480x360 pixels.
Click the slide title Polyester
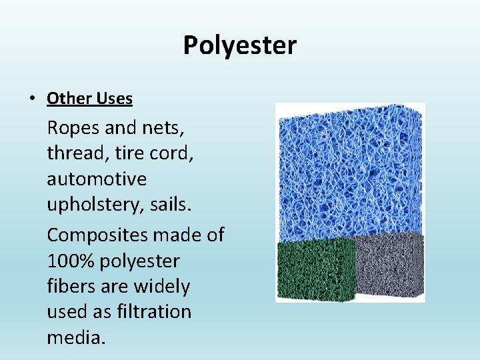[x=240, y=45]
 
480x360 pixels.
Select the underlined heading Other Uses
[x=89, y=99]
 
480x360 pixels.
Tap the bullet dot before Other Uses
[x=32, y=99]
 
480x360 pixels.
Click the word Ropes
[x=71, y=127]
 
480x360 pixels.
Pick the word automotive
[x=97, y=179]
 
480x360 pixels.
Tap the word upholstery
[x=95, y=205]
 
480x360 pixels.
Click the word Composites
[x=97, y=235]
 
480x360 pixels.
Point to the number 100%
[x=71, y=261]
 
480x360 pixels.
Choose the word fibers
[x=71, y=287]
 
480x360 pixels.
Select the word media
[x=75, y=337]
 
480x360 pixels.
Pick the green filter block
[x=316, y=270]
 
